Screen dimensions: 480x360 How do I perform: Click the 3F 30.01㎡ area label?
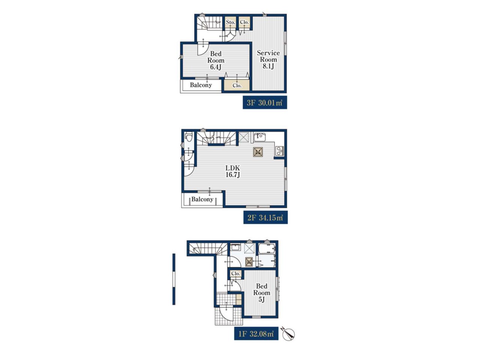click(265, 102)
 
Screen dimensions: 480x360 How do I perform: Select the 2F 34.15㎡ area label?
click(265, 217)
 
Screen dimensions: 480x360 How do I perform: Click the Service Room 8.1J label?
click(268, 60)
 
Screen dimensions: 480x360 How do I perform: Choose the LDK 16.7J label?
click(233, 171)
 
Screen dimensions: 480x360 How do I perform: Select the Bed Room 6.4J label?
click(216, 60)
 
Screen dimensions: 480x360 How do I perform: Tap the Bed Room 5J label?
click(261, 292)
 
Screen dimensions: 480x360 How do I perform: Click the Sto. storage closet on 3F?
click(231, 22)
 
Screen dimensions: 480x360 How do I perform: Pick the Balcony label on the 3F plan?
click(201, 85)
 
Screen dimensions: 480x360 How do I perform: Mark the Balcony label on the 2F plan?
click(202, 199)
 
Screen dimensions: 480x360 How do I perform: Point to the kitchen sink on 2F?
click(259, 137)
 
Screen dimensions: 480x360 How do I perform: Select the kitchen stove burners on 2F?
click(279, 151)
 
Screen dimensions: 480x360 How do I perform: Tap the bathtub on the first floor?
click(267, 249)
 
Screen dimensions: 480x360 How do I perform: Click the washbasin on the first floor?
click(235, 247)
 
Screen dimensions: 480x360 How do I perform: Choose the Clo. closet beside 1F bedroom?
click(236, 273)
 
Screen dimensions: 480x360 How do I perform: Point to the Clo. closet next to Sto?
click(244, 22)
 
